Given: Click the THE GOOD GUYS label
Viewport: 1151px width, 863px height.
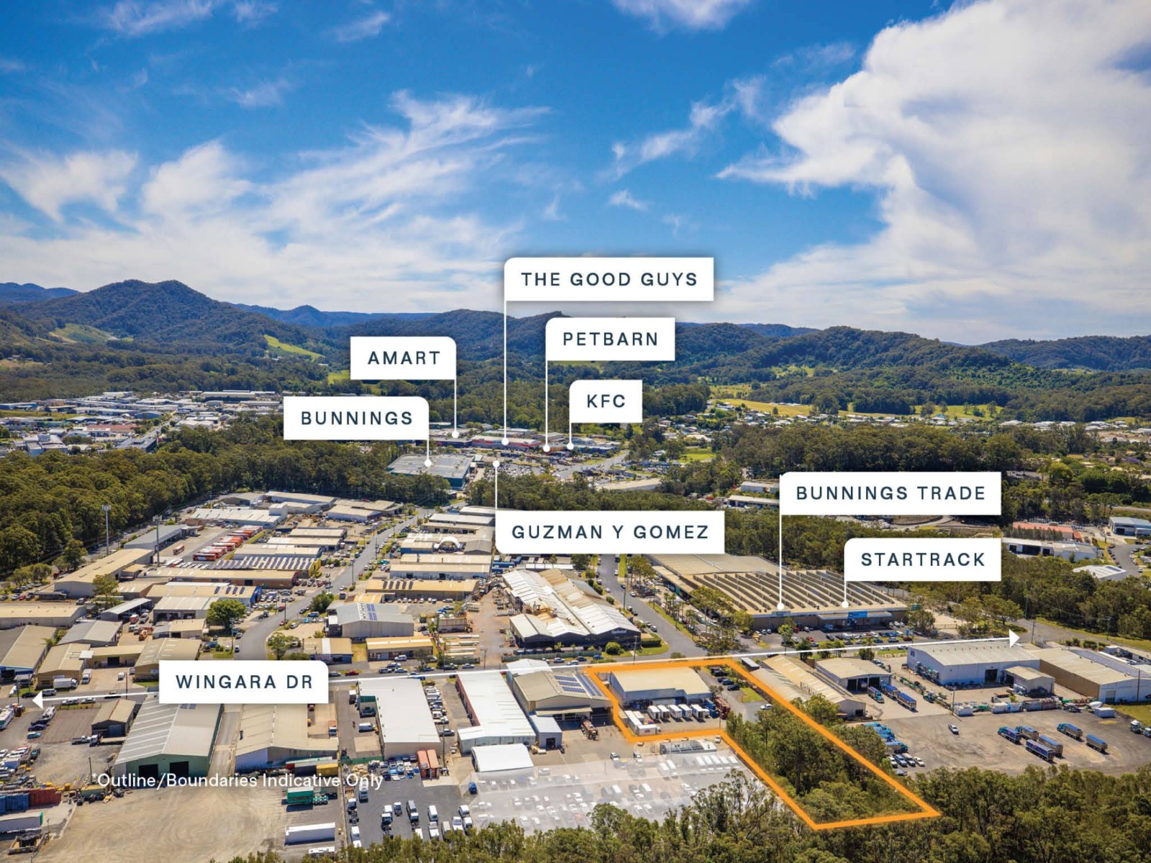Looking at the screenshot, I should [x=609, y=279].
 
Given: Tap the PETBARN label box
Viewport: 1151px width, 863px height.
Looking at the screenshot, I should [x=610, y=339].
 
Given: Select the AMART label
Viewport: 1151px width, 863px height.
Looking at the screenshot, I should [x=404, y=357].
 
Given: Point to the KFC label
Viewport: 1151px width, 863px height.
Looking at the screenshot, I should [x=606, y=401].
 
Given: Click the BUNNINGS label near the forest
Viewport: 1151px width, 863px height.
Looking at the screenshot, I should [x=357, y=418].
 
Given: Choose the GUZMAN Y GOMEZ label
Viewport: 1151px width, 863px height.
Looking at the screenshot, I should [x=610, y=532].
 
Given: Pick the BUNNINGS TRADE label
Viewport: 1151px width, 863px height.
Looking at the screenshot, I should [x=890, y=493].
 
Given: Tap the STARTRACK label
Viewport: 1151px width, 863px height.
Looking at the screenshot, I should [x=922, y=560].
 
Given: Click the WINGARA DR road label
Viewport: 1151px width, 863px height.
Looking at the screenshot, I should [x=244, y=682].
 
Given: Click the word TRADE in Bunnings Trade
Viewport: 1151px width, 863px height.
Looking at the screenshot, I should [x=951, y=493].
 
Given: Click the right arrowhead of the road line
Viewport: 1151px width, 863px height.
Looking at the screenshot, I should [x=1014, y=637].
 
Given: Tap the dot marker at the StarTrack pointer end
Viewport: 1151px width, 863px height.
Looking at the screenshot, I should [x=845, y=605].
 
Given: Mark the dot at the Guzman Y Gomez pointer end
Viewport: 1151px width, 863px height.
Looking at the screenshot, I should [x=496, y=465].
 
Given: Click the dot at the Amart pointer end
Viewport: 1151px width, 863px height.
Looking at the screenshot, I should [x=455, y=434].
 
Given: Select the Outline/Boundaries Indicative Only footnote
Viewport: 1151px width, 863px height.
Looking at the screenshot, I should [x=238, y=780].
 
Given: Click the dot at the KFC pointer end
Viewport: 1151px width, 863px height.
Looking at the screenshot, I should [x=570, y=446].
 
